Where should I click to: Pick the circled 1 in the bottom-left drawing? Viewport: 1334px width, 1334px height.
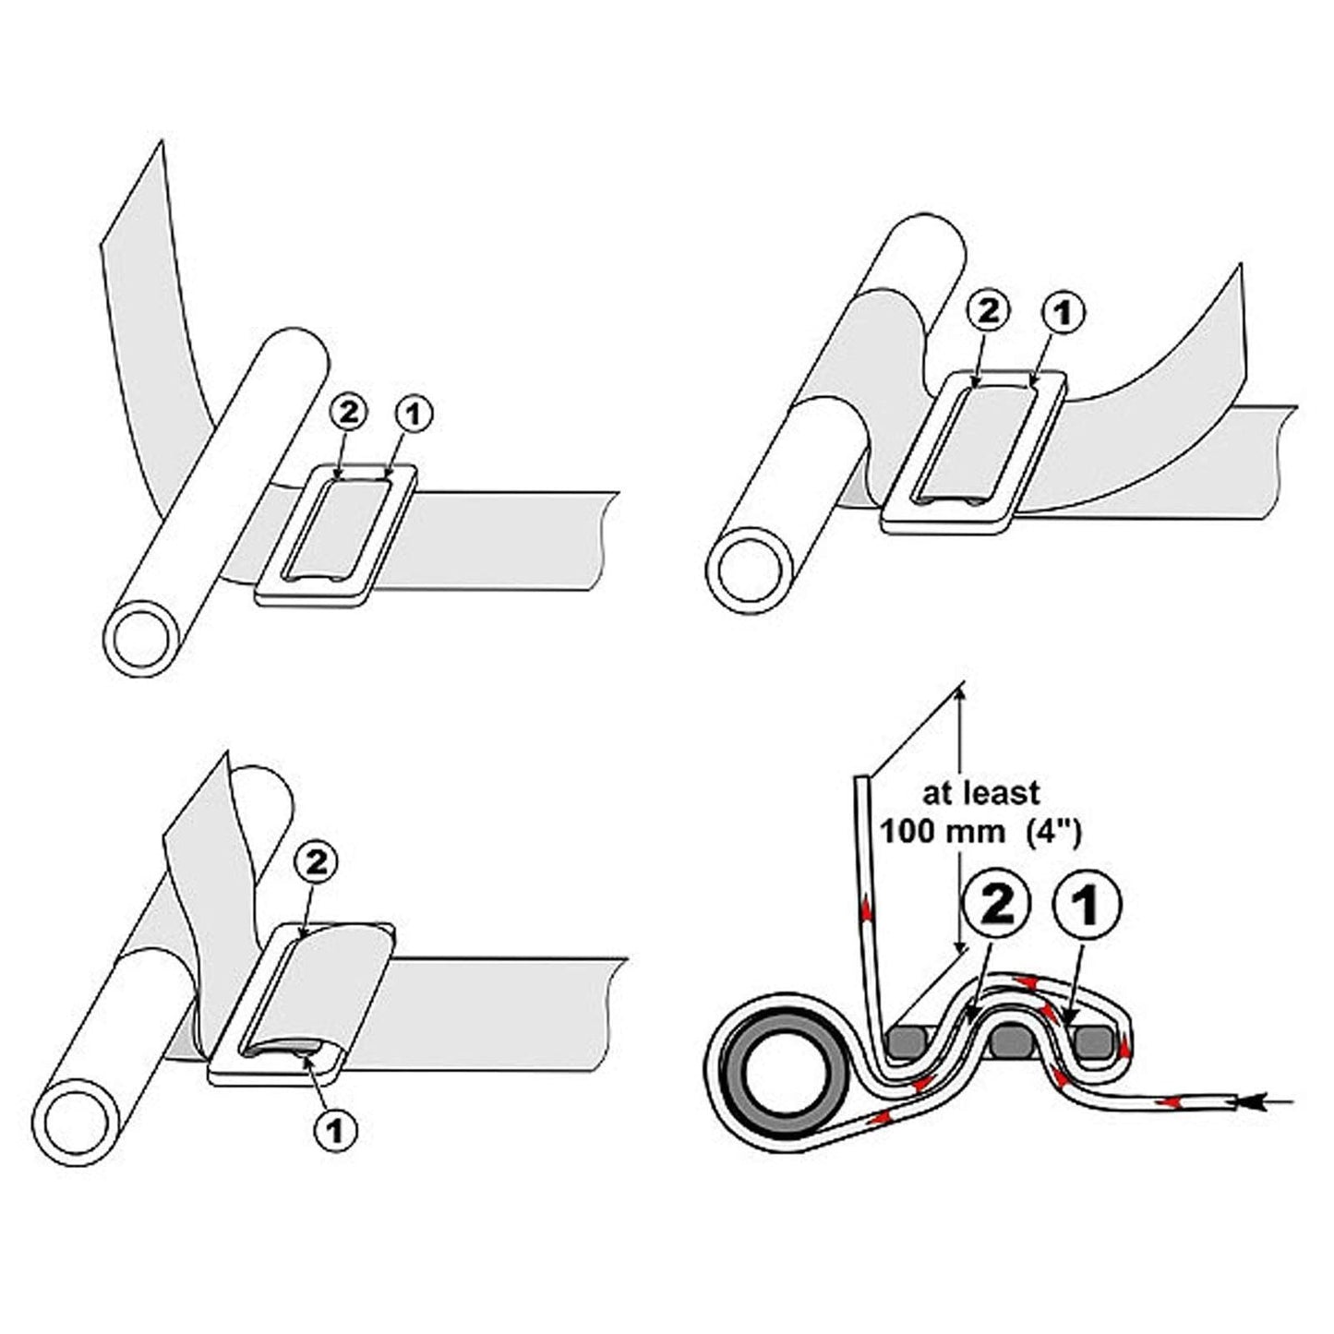(337, 1130)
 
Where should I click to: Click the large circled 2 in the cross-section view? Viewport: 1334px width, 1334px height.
(993, 906)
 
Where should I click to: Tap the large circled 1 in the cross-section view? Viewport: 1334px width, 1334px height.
(1088, 906)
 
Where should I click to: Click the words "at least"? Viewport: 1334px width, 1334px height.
(981, 792)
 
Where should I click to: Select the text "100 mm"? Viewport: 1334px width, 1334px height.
(943, 831)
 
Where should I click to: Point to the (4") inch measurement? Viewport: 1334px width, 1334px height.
(1051, 831)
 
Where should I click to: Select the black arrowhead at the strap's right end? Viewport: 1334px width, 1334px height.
(1250, 1101)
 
